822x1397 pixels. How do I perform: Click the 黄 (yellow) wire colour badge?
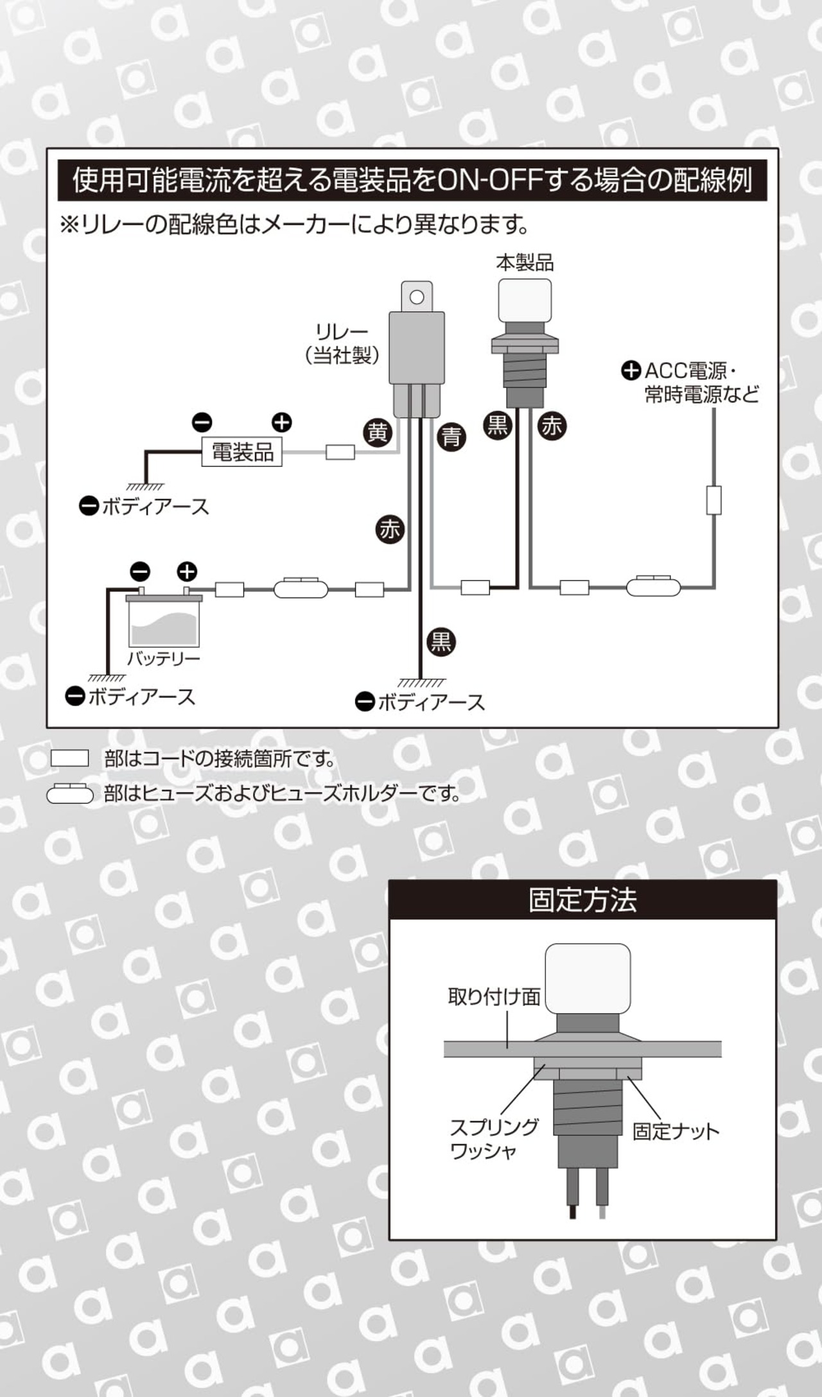click(378, 433)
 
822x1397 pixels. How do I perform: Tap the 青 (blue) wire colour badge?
click(451, 437)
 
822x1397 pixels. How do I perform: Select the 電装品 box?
click(242, 452)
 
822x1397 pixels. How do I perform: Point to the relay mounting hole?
click(417, 297)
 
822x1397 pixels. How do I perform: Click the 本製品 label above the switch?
click(525, 263)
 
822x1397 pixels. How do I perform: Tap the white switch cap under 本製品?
click(525, 300)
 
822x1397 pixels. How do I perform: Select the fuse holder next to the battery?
click(301, 588)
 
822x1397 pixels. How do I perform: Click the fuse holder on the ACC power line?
click(653, 586)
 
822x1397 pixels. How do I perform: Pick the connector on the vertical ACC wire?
click(713, 500)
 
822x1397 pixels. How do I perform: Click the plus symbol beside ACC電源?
click(631, 370)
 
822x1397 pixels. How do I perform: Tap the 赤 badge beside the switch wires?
click(552, 426)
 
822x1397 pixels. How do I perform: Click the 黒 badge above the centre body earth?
click(441, 641)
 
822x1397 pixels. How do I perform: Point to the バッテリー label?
click(164, 659)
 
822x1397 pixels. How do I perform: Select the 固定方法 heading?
click(582, 900)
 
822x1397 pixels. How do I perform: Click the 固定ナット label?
click(676, 1131)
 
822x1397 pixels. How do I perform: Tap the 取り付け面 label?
click(494, 996)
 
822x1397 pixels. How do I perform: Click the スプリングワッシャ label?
click(494, 1139)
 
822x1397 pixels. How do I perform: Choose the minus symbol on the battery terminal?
click(140, 571)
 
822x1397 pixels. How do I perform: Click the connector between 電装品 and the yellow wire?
click(340, 452)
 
